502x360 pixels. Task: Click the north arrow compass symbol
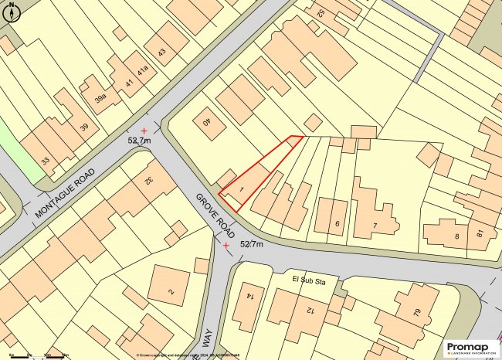(x=12, y=12)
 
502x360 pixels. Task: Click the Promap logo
(x=467, y=348)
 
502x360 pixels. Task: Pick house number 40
(x=206, y=122)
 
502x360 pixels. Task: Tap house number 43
(x=161, y=53)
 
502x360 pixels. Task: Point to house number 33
(x=46, y=161)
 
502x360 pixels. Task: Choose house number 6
(x=337, y=224)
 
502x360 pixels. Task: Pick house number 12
(x=310, y=310)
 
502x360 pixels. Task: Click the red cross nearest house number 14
(x=226, y=246)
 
